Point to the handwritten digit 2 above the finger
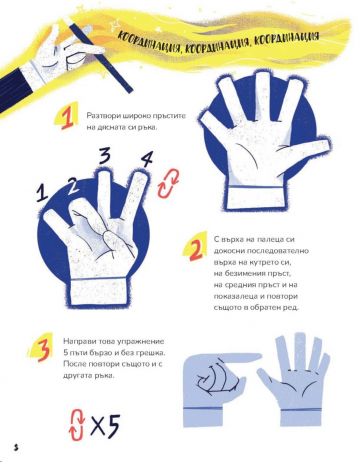pos(71,184)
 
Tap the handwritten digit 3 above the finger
pos(105,155)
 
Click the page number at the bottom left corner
pos(15,444)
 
